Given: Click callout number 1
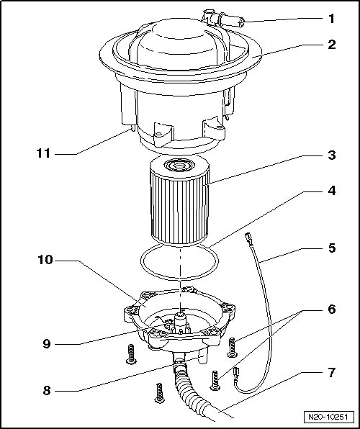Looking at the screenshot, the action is pyautogui.click(x=331, y=19).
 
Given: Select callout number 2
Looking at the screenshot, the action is pyautogui.click(x=332, y=45).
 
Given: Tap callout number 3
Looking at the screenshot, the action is pyautogui.click(x=332, y=155).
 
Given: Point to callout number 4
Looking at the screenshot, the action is pyautogui.click(x=332, y=191).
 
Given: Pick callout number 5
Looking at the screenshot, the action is pyautogui.click(x=332, y=248).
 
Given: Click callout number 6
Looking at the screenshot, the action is pyautogui.click(x=332, y=310).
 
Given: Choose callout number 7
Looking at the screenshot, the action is pyautogui.click(x=332, y=372).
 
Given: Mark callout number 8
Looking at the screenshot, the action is pyautogui.click(x=47, y=390).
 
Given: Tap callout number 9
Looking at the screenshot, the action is pyautogui.click(x=47, y=343).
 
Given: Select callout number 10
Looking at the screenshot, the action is pyautogui.click(x=45, y=260).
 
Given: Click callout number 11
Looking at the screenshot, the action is pyautogui.click(x=43, y=153).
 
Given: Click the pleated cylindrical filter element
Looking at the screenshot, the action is pyautogui.click(x=179, y=201).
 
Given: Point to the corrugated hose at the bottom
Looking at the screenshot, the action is pyautogui.click(x=192, y=389).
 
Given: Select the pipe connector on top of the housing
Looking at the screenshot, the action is pyautogui.click(x=223, y=19).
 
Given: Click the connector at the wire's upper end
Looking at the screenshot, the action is pyautogui.click(x=248, y=237).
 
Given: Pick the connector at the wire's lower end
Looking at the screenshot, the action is pyautogui.click(x=236, y=373).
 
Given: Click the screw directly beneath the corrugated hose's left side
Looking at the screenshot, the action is pyautogui.click(x=160, y=393).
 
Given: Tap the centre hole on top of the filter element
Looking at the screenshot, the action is pyautogui.click(x=179, y=166).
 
